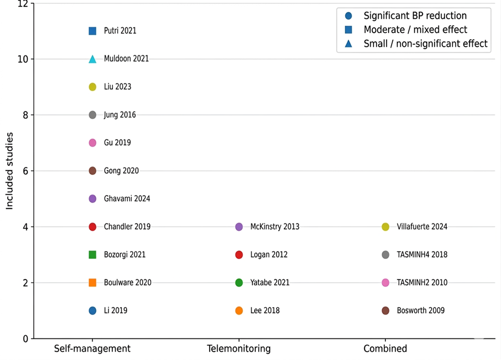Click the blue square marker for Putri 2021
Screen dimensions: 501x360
(x=93, y=31)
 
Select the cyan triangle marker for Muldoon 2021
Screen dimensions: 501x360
(x=93, y=59)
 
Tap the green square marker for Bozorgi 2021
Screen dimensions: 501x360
(x=93, y=254)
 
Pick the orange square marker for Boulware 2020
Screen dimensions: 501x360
(x=93, y=283)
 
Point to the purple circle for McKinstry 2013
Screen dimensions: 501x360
(x=239, y=227)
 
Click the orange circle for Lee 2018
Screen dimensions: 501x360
(x=239, y=310)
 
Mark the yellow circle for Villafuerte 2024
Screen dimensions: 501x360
(x=385, y=227)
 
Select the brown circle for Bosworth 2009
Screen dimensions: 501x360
(x=385, y=310)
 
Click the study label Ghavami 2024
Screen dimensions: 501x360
(x=127, y=198)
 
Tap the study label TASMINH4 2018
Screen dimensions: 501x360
(x=422, y=254)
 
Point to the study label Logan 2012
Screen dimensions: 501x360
(x=269, y=254)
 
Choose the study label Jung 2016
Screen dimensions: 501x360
(x=120, y=115)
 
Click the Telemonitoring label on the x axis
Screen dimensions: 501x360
(x=238, y=348)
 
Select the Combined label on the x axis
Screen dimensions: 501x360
(x=385, y=348)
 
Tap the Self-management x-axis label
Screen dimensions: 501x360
(x=93, y=348)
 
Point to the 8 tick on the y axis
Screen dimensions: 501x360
(x=26, y=115)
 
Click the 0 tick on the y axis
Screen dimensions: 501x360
(x=26, y=339)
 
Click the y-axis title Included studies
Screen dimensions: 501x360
(x=9, y=171)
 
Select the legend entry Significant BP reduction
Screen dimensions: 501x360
(x=415, y=16)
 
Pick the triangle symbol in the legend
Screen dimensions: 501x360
(x=349, y=43)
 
